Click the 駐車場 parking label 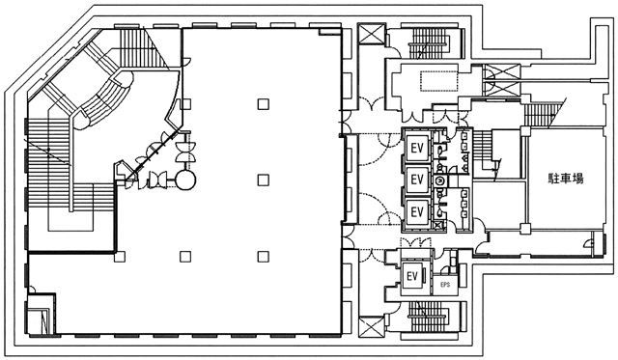point(567,179)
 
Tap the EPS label point(445,285)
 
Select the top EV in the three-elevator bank point(417,148)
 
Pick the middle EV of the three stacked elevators point(417,180)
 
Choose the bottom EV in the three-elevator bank point(417,212)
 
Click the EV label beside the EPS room point(412,276)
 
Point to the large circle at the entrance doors point(185,180)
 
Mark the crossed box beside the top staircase point(372,34)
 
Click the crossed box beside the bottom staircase point(372,327)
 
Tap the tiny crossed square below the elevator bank point(436,225)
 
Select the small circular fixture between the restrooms point(439,181)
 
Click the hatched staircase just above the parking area point(538,115)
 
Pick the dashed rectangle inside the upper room point(438,81)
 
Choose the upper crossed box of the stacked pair point(501,72)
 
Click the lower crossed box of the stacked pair point(501,89)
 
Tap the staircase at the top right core point(429,43)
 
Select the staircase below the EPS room point(428,318)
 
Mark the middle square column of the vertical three point(264,180)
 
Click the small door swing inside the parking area point(589,243)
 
